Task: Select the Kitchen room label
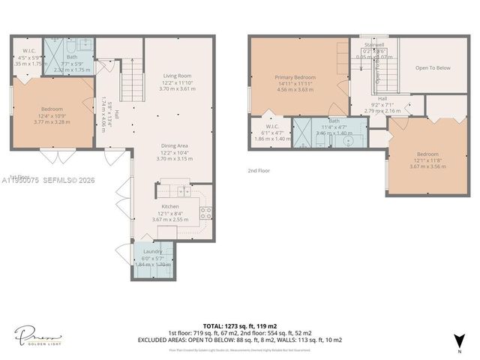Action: click(x=170, y=206)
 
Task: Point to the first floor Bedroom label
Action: click(x=52, y=109)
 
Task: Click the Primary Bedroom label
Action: click(x=295, y=76)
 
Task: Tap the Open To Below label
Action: click(x=433, y=67)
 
